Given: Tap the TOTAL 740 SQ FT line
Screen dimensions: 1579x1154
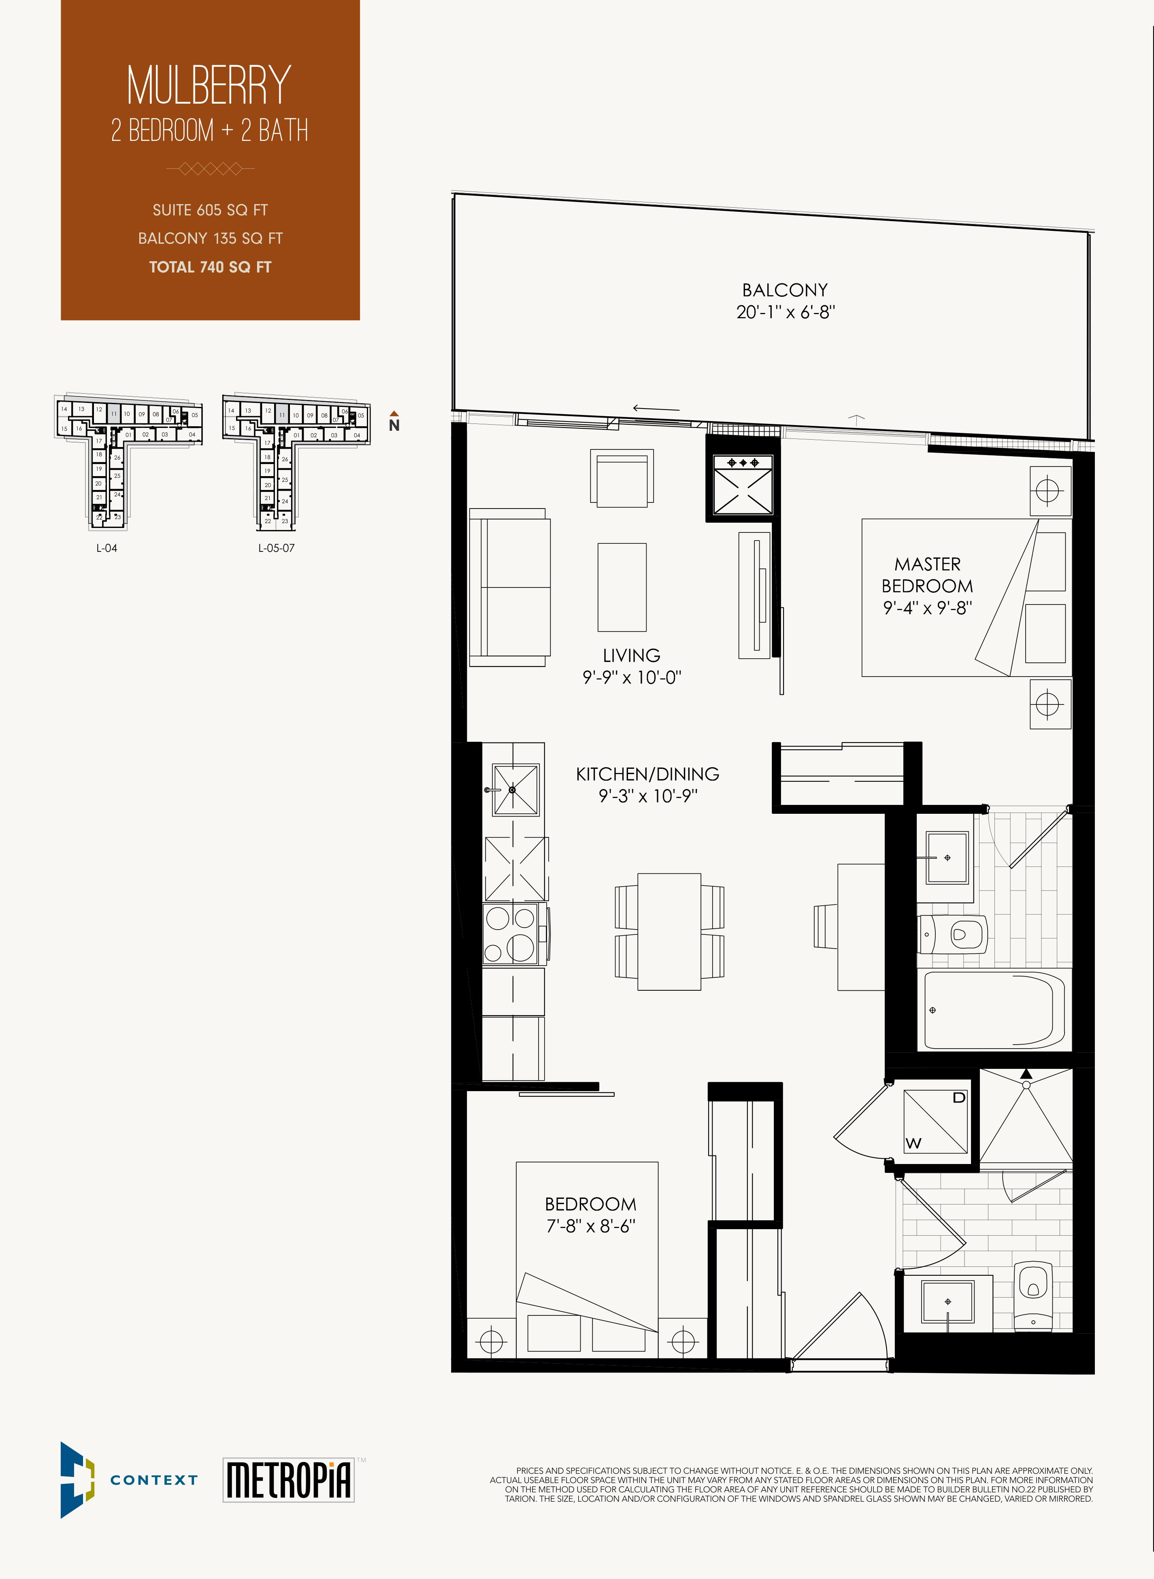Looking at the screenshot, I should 210,267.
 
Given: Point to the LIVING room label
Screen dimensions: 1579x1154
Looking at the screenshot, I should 632,655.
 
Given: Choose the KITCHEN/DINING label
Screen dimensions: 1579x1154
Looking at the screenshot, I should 647,774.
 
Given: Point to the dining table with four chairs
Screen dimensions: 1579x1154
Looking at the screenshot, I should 669,932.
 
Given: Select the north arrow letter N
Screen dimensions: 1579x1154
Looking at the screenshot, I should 394,425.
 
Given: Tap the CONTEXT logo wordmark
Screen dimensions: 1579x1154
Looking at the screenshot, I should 154,1480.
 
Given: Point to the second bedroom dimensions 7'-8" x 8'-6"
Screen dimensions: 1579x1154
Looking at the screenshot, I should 590,1226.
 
